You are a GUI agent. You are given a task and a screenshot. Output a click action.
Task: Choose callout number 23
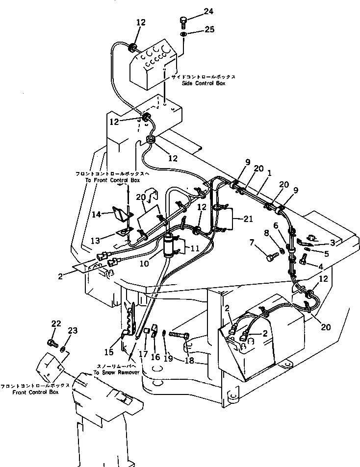pyautogui.click(x=73, y=331)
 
